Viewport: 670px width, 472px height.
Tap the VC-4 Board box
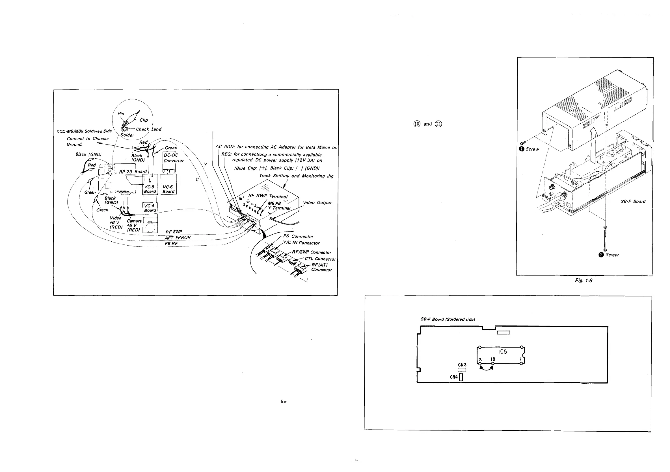tap(150, 208)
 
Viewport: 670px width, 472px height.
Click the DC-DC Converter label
tap(173, 158)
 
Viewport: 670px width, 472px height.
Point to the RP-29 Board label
tap(133, 172)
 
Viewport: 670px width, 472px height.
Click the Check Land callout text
tap(148, 129)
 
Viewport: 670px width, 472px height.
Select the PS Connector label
tap(298, 236)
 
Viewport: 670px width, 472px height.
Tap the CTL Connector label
tap(320, 259)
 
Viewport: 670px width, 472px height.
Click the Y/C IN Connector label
tap(301, 243)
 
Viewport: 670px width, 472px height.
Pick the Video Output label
tap(317, 202)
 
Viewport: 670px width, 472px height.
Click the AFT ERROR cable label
tap(178, 237)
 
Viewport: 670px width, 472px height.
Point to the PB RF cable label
tap(171, 243)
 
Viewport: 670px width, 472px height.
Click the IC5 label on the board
tap(503, 352)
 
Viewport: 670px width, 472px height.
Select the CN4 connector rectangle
tap(461, 377)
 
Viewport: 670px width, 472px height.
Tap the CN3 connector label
tap(462, 365)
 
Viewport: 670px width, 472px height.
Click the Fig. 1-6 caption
tap(583, 280)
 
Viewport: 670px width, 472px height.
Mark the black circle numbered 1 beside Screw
tap(522, 149)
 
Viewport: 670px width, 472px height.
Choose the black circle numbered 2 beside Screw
tap(601, 255)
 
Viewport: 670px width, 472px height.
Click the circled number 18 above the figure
tap(417, 124)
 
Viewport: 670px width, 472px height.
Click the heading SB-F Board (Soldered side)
tap(448, 319)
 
